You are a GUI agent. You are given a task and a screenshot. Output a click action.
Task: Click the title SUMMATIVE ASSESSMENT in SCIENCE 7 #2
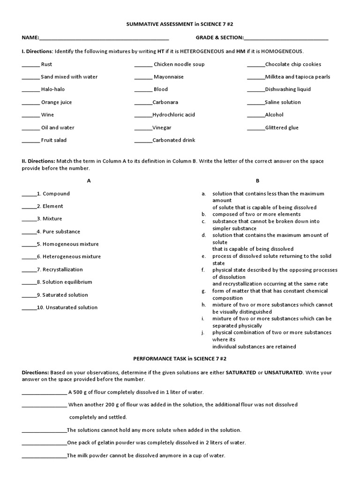180,24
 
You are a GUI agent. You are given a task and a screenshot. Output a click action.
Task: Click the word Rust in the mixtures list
46,64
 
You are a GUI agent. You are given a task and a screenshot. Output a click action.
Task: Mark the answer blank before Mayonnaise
143,77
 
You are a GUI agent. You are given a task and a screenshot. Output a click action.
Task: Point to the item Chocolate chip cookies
293,64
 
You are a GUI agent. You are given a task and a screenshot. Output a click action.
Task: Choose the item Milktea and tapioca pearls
297,77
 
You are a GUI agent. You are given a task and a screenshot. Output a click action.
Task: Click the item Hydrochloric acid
173,115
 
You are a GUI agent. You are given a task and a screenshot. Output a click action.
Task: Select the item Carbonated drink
173,140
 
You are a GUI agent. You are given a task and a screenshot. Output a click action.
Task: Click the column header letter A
89,180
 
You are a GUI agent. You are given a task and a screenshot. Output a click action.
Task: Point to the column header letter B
257,180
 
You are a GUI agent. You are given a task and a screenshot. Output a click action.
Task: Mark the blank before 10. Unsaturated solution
29,308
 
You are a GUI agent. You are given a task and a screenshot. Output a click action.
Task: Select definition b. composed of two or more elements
256,214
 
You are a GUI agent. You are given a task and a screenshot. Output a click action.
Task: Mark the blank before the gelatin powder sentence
44,443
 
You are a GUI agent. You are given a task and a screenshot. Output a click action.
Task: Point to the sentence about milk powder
146,456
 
